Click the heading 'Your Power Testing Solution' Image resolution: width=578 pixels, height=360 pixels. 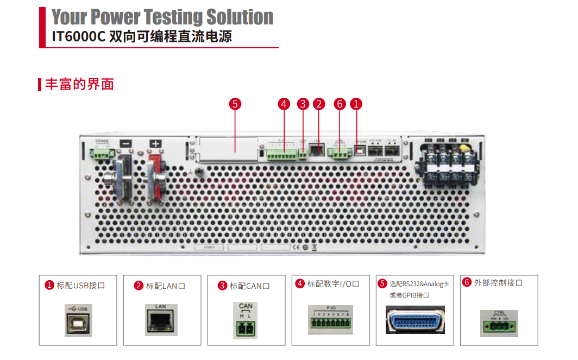(x=162, y=17)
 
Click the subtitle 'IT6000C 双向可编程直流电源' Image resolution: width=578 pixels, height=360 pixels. (x=145, y=38)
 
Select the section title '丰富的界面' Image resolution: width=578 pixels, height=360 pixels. (x=79, y=84)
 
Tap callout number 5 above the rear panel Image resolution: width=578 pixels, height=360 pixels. (x=235, y=104)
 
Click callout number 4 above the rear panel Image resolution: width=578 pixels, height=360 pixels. (x=284, y=104)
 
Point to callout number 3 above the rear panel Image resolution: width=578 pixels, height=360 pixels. (x=303, y=104)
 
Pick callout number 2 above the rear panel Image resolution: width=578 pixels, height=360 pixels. (x=319, y=104)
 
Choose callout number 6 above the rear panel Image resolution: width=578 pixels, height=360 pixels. (x=340, y=104)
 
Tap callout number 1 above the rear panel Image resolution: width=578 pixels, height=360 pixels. (x=356, y=104)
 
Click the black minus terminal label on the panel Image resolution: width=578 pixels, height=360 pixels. (x=125, y=144)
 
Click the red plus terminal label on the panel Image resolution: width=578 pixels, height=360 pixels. (x=156, y=144)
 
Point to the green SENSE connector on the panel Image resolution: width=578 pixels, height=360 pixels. (x=102, y=154)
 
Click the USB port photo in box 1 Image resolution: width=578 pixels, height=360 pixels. (x=78, y=320)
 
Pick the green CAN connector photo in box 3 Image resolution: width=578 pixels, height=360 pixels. (x=246, y=327)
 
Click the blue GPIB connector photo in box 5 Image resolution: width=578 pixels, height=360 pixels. (x=414, y=319)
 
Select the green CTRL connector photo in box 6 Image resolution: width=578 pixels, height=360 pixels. (x=499, y=324)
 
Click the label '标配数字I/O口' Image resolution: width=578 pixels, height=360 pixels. (x=333, y=284)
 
